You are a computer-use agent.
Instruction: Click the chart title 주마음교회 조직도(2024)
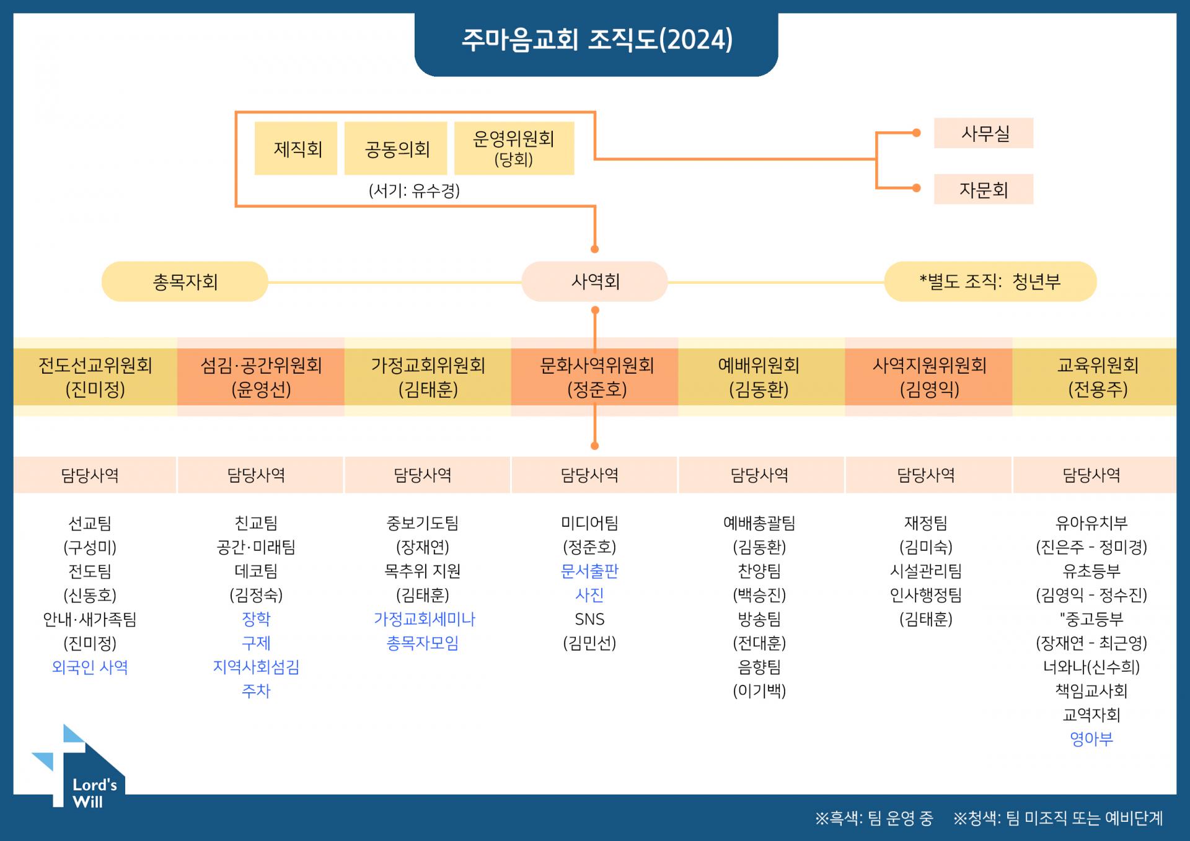[x=597, y=40]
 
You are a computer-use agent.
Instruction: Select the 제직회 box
[x=296, y=148]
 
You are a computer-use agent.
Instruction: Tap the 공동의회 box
[x=395, y=148]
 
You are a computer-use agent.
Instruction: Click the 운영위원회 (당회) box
[x=514, y=148]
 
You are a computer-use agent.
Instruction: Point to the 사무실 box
[x=984, y=133]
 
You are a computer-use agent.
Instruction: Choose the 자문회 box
[x=984, y=189]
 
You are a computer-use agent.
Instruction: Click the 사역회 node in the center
[x=594, y=281]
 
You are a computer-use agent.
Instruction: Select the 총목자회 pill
[x=185, y=281]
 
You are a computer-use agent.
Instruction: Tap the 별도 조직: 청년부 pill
[x=990, y=281]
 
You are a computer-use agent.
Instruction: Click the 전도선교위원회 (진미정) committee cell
[x=95, y=377]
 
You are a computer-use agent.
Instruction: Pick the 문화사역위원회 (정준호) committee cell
[x=594, y=377]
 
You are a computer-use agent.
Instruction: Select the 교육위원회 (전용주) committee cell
[x=1095, y=377]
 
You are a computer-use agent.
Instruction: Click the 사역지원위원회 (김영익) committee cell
[x=928, y=377]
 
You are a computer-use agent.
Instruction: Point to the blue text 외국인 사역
[x=90, y=667]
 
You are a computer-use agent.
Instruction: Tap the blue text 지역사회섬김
[x=256, y=667]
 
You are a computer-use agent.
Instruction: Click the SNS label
[x=589, y=619]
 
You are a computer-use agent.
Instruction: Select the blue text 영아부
[x=1091, y=739]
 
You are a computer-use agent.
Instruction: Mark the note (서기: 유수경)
[x=414, y=190]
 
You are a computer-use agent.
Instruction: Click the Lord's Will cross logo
[x=78, y=766]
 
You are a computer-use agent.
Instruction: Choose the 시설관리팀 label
[x=926, y=571]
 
